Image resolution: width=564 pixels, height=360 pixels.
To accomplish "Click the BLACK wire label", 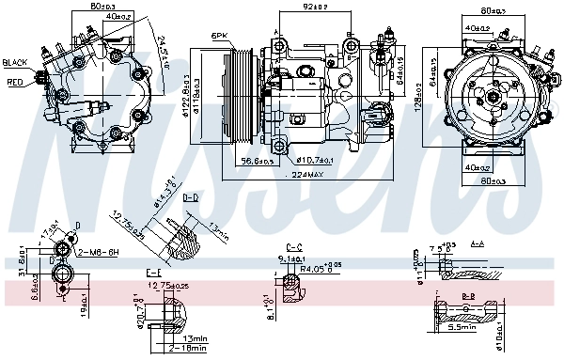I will point(16,62).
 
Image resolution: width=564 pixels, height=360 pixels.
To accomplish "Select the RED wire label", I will point(16,82).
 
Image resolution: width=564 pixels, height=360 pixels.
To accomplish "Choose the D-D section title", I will point(190,198).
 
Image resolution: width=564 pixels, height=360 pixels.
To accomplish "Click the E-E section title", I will point(154,272).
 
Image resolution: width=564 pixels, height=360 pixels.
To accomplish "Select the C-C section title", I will point(292,245).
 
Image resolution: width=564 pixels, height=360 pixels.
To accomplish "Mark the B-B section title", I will point(467,295).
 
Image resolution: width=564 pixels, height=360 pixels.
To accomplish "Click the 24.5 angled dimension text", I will point(167,42).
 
